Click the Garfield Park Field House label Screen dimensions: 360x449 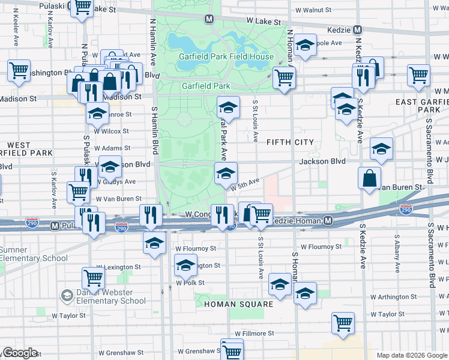click(226, 57)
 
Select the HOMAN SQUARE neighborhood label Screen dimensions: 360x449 click(238, 304)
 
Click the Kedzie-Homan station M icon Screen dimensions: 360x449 click(328, 221)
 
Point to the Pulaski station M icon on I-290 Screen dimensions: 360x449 click(55, 226)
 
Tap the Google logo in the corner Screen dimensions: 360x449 click(20, 353)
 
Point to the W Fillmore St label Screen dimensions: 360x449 click(255, 333)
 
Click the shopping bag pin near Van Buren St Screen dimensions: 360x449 click(369, 178)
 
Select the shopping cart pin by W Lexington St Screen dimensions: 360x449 click(93, 278)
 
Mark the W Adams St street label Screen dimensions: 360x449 click(113, 148)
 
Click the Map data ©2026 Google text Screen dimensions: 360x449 click(412, 355)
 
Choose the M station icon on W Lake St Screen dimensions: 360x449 click(209, 19)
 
